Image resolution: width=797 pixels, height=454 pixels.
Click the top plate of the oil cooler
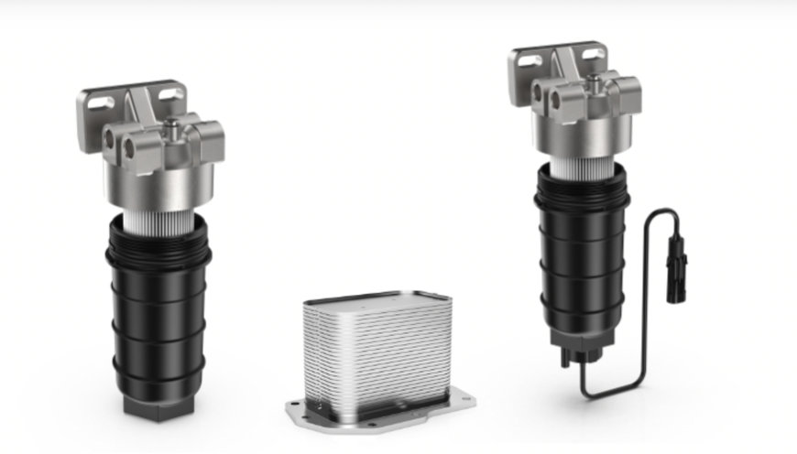(376, 300)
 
